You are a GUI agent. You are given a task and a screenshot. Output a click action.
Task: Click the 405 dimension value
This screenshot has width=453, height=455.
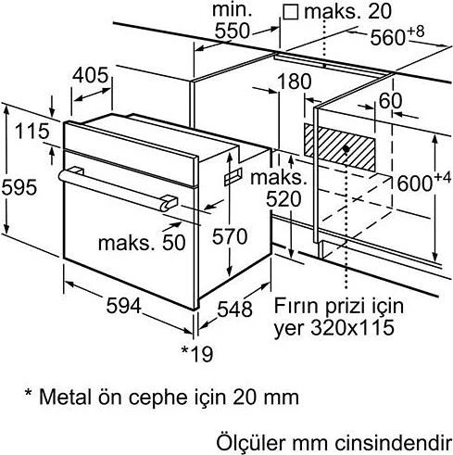91,75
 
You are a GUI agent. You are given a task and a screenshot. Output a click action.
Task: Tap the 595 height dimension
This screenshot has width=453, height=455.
19,186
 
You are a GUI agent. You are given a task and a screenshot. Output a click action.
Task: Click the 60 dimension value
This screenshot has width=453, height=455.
390,100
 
